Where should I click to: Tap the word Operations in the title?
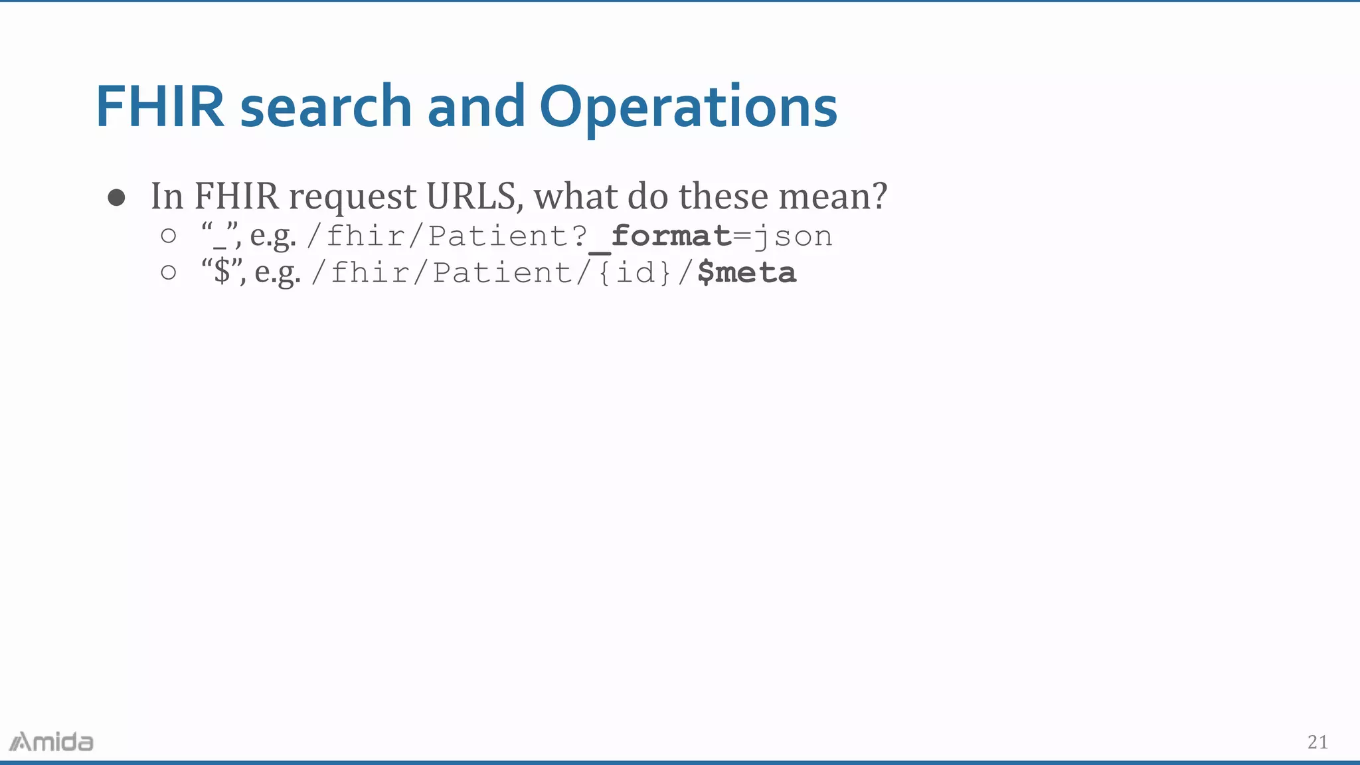pyautogui.click(x=688, y=108)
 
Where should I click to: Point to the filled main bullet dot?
pyautogui.click(x=117, y=197)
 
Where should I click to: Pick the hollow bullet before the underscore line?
pyautogui.click(x=169, y=236)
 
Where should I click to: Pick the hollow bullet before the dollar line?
pyautogui.click(x=169, y=272)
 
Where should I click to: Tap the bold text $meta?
pyautogui.click(x=746, y=273)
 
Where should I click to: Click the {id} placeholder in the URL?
pyautogui.click(x=634, y=273)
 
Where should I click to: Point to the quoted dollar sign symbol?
pyautogui.click(x=222, y=272)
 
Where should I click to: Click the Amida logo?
pyautogui.click(x=52, y=742)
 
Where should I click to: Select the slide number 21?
pyautogui.click(x=1317, y=742)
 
